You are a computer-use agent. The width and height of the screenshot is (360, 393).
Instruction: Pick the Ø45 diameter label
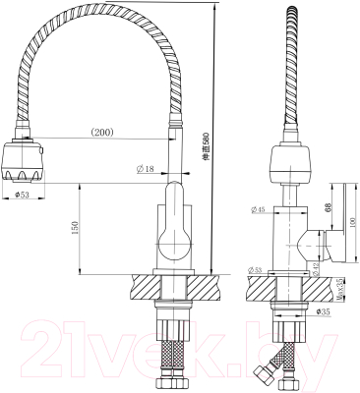259,209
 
